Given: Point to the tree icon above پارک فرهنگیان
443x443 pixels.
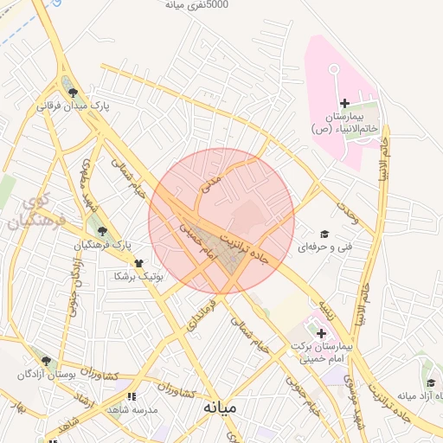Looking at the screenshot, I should [103, 231].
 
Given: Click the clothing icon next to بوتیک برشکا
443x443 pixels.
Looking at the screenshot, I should [137, 263].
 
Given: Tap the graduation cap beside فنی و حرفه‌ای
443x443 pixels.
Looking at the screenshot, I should [324, 234].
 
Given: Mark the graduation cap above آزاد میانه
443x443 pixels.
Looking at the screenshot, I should [431, 383].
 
